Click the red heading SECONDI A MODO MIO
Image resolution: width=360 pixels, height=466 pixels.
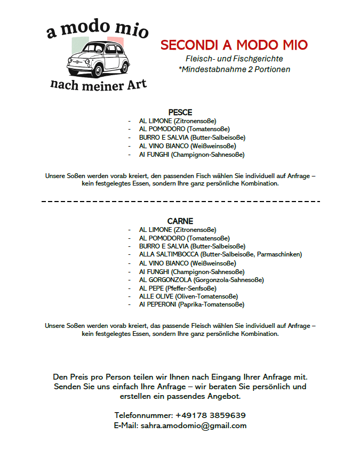pos(234,45)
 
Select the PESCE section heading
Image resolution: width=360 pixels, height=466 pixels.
pos(180,113)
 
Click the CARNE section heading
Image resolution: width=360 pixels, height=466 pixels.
pos(180,221)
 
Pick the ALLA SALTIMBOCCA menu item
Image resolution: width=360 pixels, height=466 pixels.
pos(220,254)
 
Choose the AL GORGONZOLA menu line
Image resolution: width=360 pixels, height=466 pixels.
pos(201,279)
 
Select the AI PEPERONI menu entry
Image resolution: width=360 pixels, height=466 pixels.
pos(191,304)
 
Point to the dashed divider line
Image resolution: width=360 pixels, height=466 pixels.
pos(180,202)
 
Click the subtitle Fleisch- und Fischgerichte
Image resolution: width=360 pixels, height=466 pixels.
pos(234,59)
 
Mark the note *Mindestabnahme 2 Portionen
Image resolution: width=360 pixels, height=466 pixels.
pos(234,69)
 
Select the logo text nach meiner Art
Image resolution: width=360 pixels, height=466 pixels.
pos(98,84)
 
